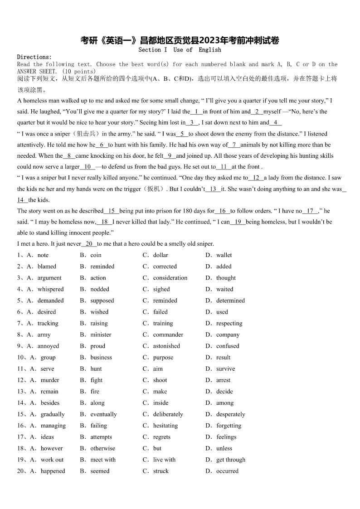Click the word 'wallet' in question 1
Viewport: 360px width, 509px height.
pyautogui.click(x=224, y=255)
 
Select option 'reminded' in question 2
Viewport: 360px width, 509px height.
pyautogui.click(x=102, y=267)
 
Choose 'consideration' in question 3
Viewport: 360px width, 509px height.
pyautogui.click(x=170, y=278)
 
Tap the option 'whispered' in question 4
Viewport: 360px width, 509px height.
pyautogui.click(x=50, y=289)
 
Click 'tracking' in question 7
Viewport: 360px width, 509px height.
pyautogui.click(x=48, y=323)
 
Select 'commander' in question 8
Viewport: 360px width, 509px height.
pyautogui.click(x=168, y=334)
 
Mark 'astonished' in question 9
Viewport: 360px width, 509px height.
pyautogui.click(x=166, y=346)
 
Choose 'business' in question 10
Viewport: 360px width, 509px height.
pyautogui.click(x=101, y=357)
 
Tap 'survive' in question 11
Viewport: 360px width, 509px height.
pyautogui.click(x=226, y=368)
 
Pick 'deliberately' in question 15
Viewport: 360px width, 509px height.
pyautogui.click(x=168, y=414)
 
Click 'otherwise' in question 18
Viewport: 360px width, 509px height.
pyautogui.click(x=102, y=448)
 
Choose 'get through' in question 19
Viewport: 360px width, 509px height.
pyautogui.click(x=231, y=460)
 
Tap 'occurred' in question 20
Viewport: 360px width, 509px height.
pyautogui.click(x=227, y=471)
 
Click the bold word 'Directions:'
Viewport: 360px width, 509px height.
pyautogui.click(x=34, y=57)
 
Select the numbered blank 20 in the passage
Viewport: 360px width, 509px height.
pyautogui.click(x=89, y=244)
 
